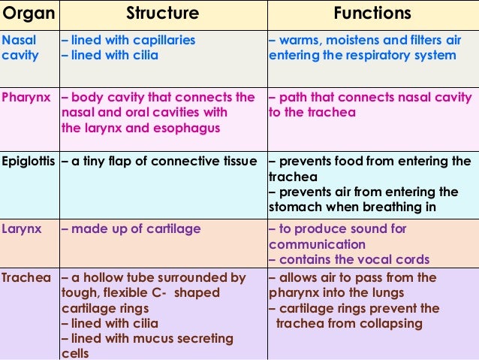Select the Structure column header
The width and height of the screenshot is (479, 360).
click(x=162, y=14)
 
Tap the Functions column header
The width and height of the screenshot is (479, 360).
click(x=372, y=14)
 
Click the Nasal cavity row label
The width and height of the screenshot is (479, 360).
click(x=18, y=47)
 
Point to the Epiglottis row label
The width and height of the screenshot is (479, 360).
click(x=29, y=162)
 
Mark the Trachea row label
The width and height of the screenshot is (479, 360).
click(x=26, y=278)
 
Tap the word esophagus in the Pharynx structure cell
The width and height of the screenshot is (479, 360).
click(x=191, y=128)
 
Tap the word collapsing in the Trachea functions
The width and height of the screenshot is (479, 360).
click(x=378, y=324)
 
